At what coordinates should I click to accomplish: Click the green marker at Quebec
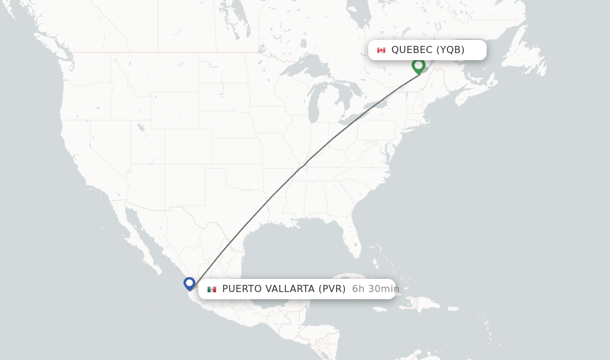click(x=418, y=65)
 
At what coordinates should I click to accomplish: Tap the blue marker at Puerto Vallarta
click(x=189, y=283)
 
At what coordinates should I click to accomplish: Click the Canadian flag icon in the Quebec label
click(x=381, y=50)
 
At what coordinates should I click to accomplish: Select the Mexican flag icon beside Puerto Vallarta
click(x=211, y=289)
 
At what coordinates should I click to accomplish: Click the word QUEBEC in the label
click(x=412, y=50)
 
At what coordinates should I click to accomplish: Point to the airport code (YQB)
click(x=450, y=50)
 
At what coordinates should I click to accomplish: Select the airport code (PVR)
click(x=332, y=289)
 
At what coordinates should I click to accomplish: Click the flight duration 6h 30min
click(x=375, y=289)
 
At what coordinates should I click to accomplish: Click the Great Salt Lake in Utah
click(x=141, y=127)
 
